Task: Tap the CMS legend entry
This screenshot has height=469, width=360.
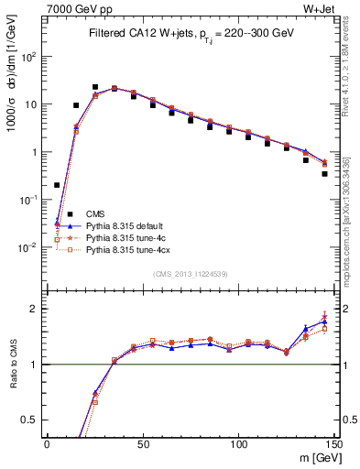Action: (96, 213)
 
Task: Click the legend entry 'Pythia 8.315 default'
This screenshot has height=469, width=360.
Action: (128, 224)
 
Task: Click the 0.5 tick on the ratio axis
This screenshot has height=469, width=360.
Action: (32, 420)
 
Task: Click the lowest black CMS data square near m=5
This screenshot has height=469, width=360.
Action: (57, 185)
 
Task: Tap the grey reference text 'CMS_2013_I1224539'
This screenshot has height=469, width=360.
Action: (191, 274)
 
